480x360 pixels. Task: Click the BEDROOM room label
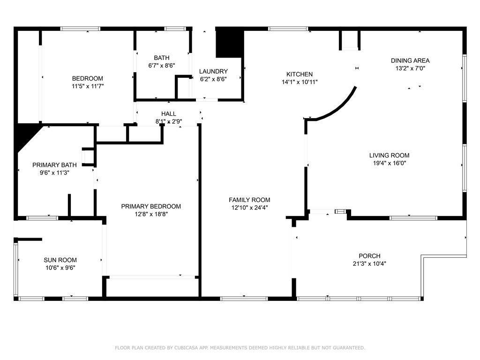click(88, 78)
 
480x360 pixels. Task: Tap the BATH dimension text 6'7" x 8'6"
click(162, 65)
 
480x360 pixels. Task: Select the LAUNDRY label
click(213, 71)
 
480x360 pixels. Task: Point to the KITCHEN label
click(300, 74)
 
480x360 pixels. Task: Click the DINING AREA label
click(410, 60)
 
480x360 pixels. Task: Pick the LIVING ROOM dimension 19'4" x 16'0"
click(390, 163)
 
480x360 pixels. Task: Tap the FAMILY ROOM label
click(249, 200)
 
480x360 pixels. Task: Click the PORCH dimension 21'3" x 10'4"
click(369, 263)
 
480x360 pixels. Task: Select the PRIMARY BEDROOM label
click(151, 206)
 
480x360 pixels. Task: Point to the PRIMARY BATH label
click(54, 165)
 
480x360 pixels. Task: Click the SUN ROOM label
click(60, 260)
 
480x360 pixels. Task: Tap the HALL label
click(169, 114)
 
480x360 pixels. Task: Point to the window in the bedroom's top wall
click(80, 29)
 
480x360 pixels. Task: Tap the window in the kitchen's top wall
click(288, 29)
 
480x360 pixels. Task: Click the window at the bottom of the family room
click(244, 299)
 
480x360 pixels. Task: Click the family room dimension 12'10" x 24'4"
click(249, 208)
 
